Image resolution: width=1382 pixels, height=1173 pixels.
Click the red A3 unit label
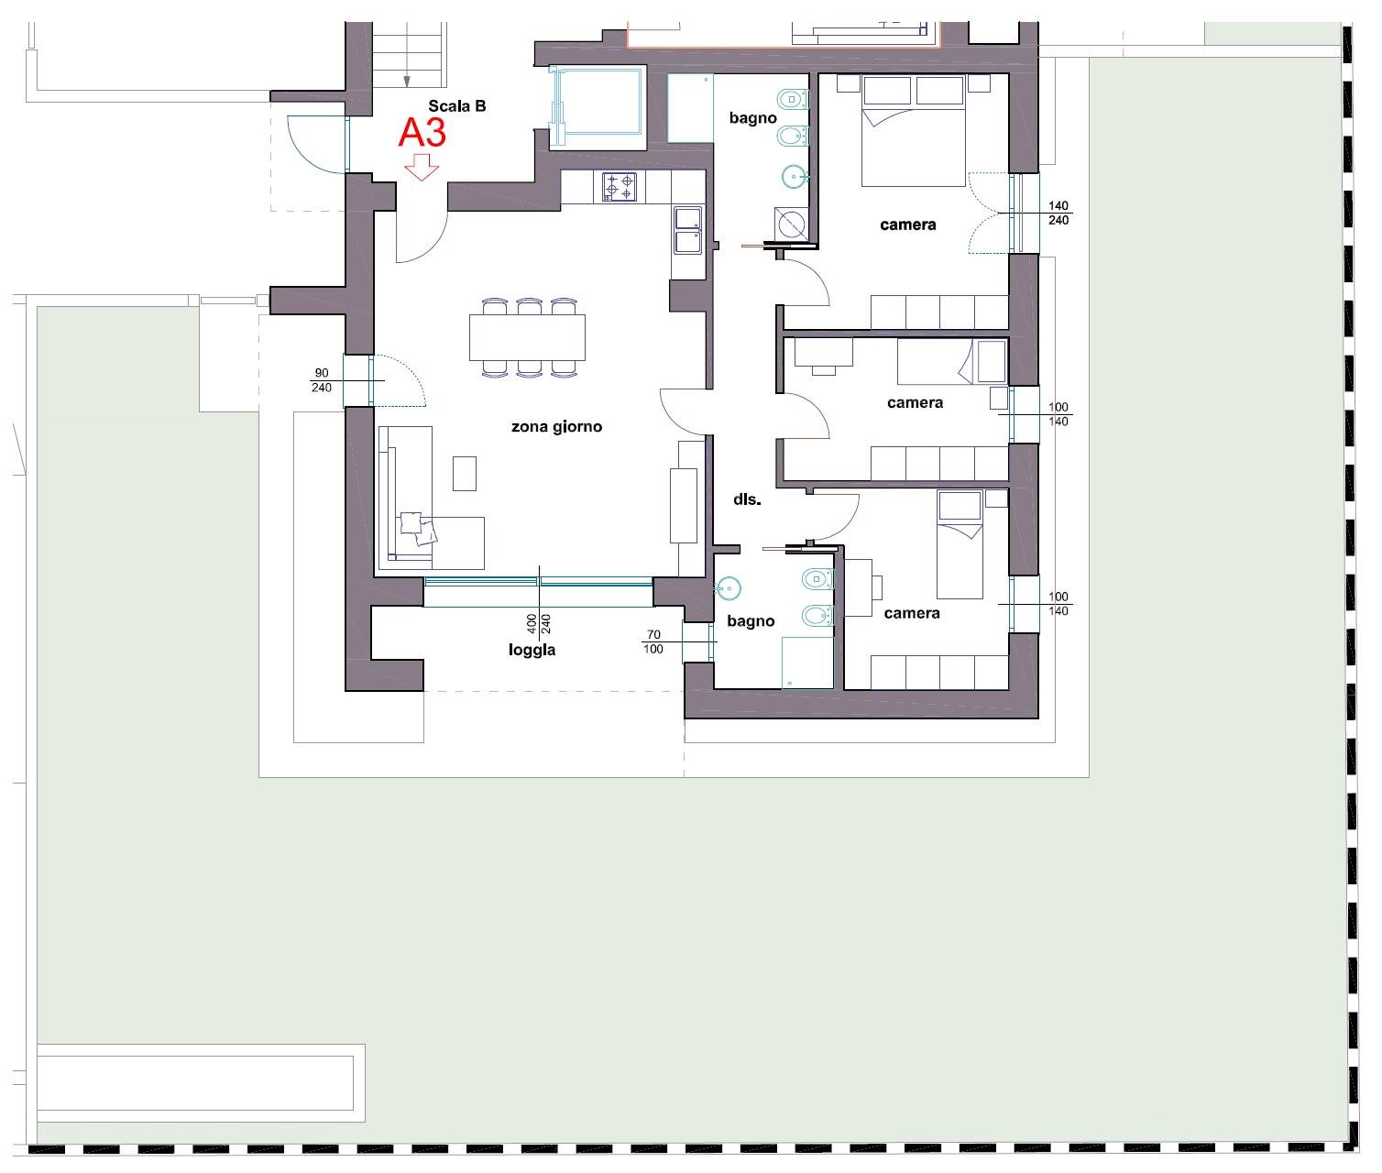click(x=422, y=132)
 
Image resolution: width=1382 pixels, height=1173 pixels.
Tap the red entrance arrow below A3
click(x=422, y=167)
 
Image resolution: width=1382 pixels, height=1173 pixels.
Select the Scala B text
click(x=456, y=105)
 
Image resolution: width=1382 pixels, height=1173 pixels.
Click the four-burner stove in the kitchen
click(x=620, y=187)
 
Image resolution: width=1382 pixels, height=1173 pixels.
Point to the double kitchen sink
click(x=688, y=231)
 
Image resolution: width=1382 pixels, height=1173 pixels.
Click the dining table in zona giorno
click(x=528, y=337)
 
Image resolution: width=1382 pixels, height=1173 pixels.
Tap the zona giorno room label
click(x=556, y=427)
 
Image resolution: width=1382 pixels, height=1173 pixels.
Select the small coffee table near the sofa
click(x=465, y=474)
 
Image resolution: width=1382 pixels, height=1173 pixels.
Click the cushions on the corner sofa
click(x=418, y=529)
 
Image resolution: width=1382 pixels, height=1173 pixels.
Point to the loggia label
click(x=532, y=650)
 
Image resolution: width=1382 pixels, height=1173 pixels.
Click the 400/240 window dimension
click(x=539, y=624)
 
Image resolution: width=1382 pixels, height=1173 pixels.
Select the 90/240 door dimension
click(x=322, y=380)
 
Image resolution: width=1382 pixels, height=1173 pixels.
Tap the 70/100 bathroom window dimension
click(x=653, y=642)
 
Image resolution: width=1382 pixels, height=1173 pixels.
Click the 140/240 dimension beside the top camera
click(x=1058, y=213)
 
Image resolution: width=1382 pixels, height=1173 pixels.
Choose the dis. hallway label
click(x=747, y=499)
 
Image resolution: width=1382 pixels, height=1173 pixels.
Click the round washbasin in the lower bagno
click(x=728, y=589)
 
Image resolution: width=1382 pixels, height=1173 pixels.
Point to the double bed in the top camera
click(x=914, y=131)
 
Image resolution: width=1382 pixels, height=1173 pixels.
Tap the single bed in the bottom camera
click(x=960, y=544)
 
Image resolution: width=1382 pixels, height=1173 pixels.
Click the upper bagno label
click(x=752, y=118)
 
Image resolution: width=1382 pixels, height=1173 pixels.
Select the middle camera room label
click(x=915, y=402)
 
